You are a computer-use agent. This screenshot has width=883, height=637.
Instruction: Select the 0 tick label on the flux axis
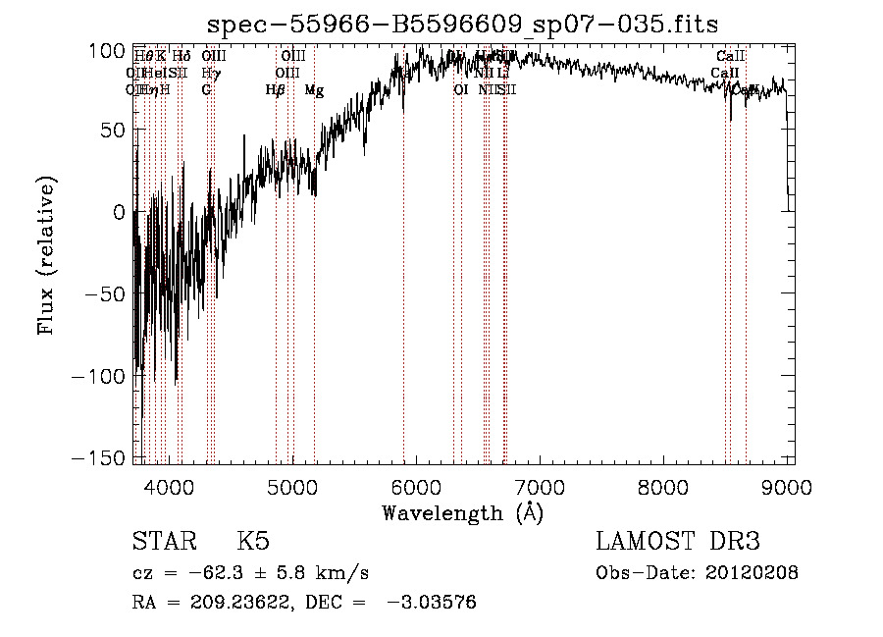pyautogui.click(x=118, y=212)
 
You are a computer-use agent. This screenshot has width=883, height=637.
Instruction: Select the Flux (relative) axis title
pyautogui.click(x=46, y=255)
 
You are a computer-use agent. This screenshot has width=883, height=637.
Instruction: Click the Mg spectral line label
pyautogui.click(x=314, y=90)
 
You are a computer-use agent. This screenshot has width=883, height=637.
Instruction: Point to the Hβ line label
pyautogui.click(x=276, y=90)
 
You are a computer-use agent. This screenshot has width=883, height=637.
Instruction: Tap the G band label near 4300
pyautogui.click(x=207, y=90)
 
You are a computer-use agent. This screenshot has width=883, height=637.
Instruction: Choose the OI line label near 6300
pyautogui.click(x=460, y=90)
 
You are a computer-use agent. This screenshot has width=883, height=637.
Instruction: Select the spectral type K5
pyautogui.click(x=254, y=542)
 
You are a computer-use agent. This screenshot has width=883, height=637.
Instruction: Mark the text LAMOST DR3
pyautogui.click(x=678, y=542)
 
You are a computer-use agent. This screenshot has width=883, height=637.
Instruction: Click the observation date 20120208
pyautogui.click(x=755, y=573)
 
